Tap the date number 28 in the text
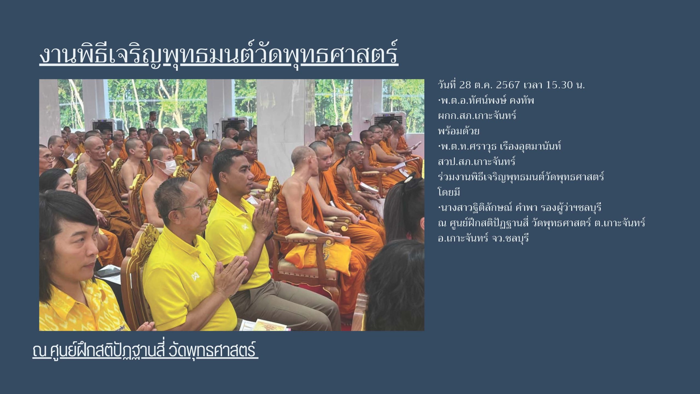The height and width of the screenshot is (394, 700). click(x=465, y=85)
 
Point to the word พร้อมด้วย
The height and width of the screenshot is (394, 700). click(x=458, y=131)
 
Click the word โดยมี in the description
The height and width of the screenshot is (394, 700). click(x=449, y=192)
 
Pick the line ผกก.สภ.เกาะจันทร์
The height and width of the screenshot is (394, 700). click(x=477, y=116)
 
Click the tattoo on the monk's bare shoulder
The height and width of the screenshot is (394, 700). click(x=82, y=173)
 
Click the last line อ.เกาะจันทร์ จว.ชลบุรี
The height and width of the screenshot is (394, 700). click(x=483, y=238)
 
